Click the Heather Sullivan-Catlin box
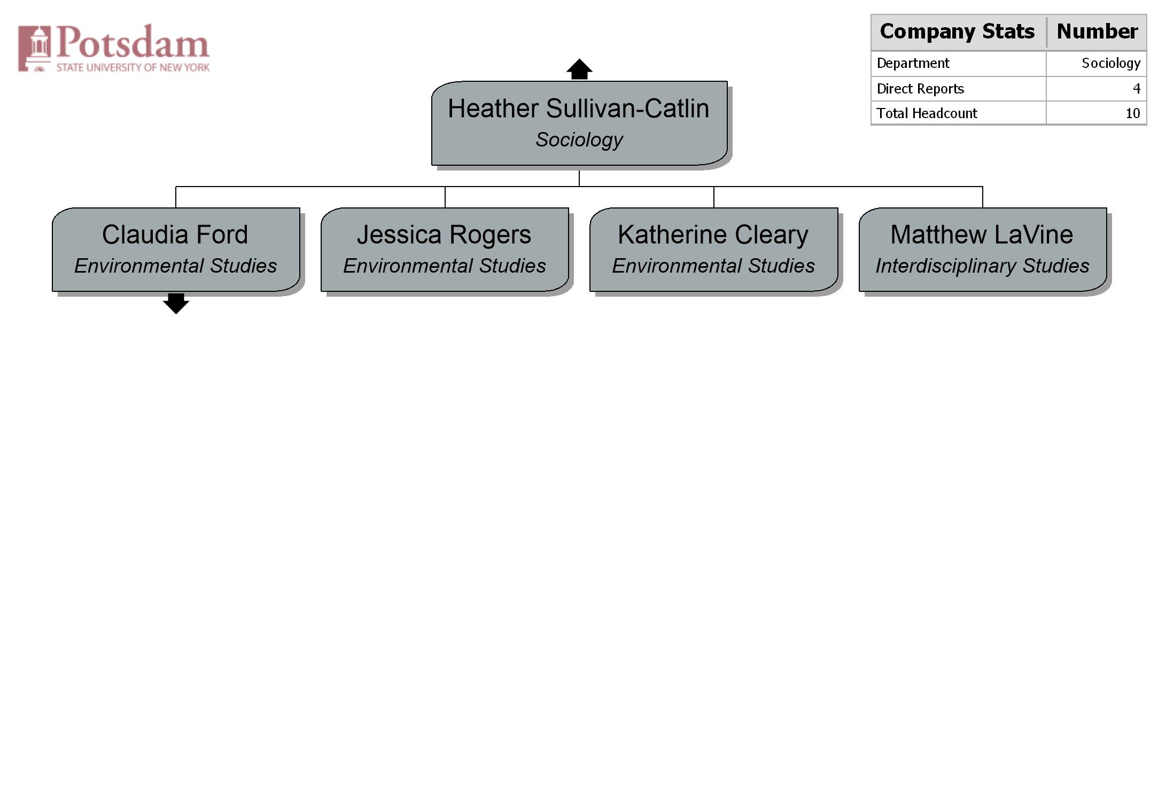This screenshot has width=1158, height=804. pyautogui.click(x=579, y=123)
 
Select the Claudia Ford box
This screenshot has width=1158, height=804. pyautogui.click(x=176, y=250)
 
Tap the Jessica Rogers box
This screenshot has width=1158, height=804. pyautogui.click(x=445, y=250)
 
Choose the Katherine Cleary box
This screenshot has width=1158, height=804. pyautogui.click(x=714, y=250)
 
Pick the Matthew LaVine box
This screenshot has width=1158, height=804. pyautogui.click(x=983, y=250)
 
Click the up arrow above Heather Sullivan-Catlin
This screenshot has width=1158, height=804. pyautogui.click(x=579, y=69)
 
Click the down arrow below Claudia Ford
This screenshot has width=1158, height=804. pyautogui.click(x=176, y=304)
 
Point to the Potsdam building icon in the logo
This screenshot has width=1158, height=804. pyautogui.click(x=35, y=48)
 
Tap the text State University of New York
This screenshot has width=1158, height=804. pyautogui.click(x=133, y=67)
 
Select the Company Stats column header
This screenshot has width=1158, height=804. pyautogui.click(x=957, y=32)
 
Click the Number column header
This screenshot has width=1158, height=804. pyautogui.click(x=1097, y=32)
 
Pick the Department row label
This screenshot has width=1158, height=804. pyautogui.click(x=913, y=64)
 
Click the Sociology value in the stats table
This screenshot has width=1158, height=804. pyautogui.click(x=1111, y=64)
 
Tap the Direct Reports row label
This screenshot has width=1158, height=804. pyautogui.click(x=920, y=89)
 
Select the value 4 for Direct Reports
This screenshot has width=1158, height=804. pyautogui.click(x=1137, y=89)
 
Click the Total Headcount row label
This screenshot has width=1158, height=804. pyautogui.click(x=927, y=113)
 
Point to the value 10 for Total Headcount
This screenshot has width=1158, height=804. pyautogui.click(x=1133, y=113)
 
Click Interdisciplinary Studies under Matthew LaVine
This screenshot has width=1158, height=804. pyautogui.click(x=982, y=266)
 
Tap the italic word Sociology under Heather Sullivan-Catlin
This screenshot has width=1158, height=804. pyautogui.click(x=579, y=140)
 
